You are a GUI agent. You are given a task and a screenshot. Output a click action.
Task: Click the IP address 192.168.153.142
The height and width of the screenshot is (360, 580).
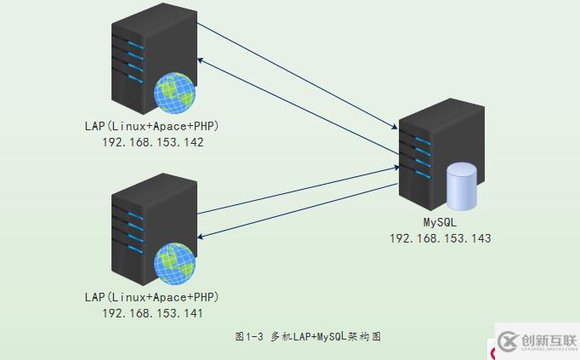152,143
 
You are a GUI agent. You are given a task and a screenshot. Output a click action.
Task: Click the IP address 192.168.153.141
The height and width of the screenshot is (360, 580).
152,313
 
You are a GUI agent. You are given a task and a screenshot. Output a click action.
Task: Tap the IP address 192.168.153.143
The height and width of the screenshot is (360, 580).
440,238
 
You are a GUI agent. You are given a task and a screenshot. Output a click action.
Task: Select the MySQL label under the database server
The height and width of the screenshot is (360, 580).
441,222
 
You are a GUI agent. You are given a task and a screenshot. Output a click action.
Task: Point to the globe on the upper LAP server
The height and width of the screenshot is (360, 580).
174,93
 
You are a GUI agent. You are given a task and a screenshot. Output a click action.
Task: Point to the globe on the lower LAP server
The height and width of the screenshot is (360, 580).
174,263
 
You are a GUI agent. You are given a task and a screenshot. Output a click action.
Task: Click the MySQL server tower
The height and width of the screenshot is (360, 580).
425,153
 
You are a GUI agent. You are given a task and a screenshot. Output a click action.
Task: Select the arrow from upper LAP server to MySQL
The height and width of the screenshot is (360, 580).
298,76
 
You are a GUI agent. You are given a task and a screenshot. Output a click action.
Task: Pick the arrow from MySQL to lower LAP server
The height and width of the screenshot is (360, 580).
298,213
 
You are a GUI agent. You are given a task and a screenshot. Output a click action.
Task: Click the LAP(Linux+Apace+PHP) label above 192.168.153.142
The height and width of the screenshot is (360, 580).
152,127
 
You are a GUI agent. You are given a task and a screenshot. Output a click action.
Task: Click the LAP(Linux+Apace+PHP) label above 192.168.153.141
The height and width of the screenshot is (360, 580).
152,297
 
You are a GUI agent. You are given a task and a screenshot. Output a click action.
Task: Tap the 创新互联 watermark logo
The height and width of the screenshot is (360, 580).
537,342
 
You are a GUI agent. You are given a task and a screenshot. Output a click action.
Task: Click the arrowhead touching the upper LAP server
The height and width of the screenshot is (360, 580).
201,60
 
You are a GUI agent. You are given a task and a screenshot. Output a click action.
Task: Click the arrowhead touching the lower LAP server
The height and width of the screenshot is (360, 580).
201,236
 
